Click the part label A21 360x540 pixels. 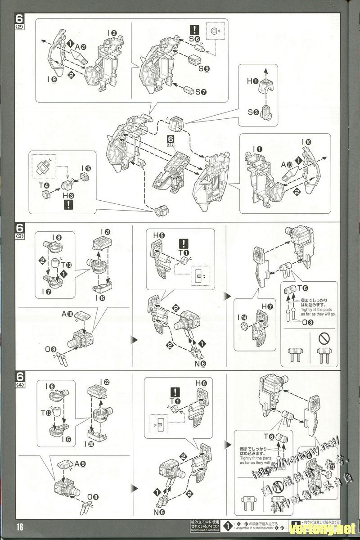(x=81, y=46)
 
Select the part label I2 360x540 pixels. (x=112, y=33)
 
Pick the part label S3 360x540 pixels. (x=252, y=112)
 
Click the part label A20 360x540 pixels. (x=287, y=164)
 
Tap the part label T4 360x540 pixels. (x=44, y=185)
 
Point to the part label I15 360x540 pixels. (x=86, y=169)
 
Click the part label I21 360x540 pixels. (x=106, y=232)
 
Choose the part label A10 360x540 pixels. (x=68, y=314)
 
